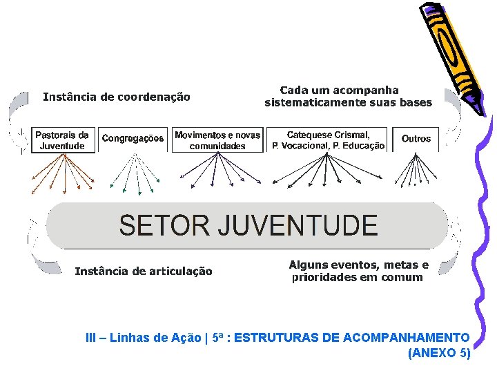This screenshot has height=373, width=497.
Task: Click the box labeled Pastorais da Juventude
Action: pos(62,140)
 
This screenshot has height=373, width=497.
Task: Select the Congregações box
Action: pos(133,139)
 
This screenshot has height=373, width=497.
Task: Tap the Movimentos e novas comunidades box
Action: pos(217,140)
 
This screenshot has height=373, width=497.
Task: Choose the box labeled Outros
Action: pos(416,139)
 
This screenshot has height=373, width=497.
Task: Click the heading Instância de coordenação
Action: pos(116,97)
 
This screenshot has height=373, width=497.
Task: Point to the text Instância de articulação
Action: pos(143,271)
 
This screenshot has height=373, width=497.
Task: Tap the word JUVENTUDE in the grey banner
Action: pos(298,226)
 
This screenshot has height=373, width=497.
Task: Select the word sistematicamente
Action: pos(308,103)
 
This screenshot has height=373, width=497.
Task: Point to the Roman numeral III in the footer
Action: pos(90,338)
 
